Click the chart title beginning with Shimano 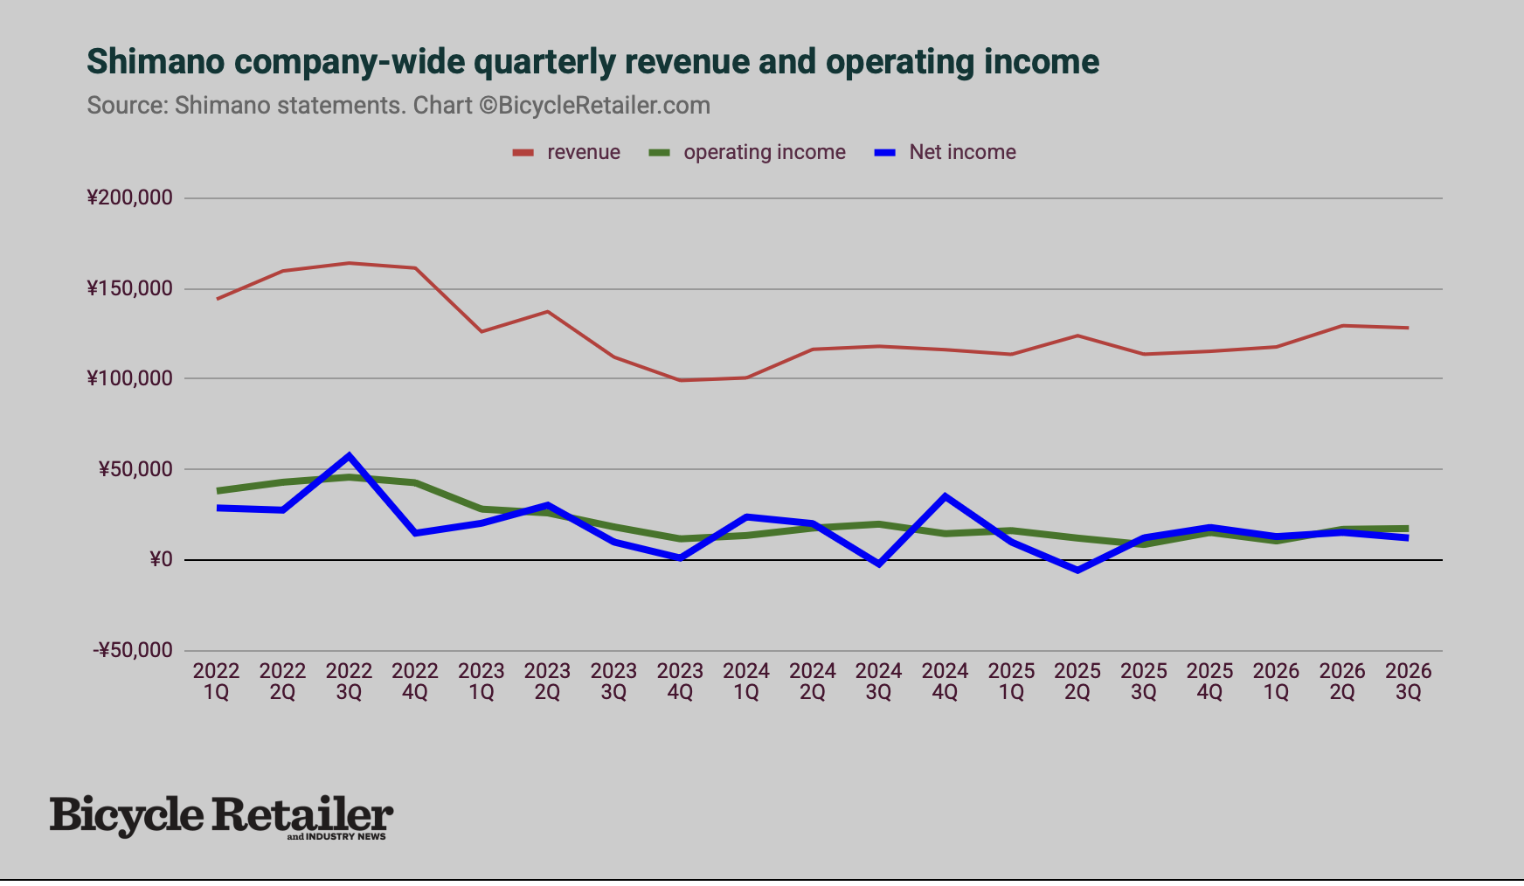click(x=592, y=62)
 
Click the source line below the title click(x=398, y=106)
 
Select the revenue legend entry click(x=566, y=152)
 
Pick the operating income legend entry click(x=747, y=152)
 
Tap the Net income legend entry click(x=946, y=152)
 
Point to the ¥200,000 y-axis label click(x=129, y=197)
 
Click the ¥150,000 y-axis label click(x=129, y=288)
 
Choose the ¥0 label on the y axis click(x=161, y=559)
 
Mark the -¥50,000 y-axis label click(x=133, y=650)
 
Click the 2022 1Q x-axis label click(x=216, y=682)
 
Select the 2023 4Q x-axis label click(x=680, y=682)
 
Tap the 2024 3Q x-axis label click(x=878, y=682)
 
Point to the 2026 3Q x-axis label click(x=1408, y=682)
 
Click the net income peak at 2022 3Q click(x=349, y=455)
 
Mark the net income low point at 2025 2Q click(x=1077, y=570)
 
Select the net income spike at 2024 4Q click(x=945, y=496)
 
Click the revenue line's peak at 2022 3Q click(x=349, y=263)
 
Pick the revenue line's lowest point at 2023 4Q click(x=680, y=380)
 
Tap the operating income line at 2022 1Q click(x=217, y=491)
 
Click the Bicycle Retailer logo click(x=222, y=817)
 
